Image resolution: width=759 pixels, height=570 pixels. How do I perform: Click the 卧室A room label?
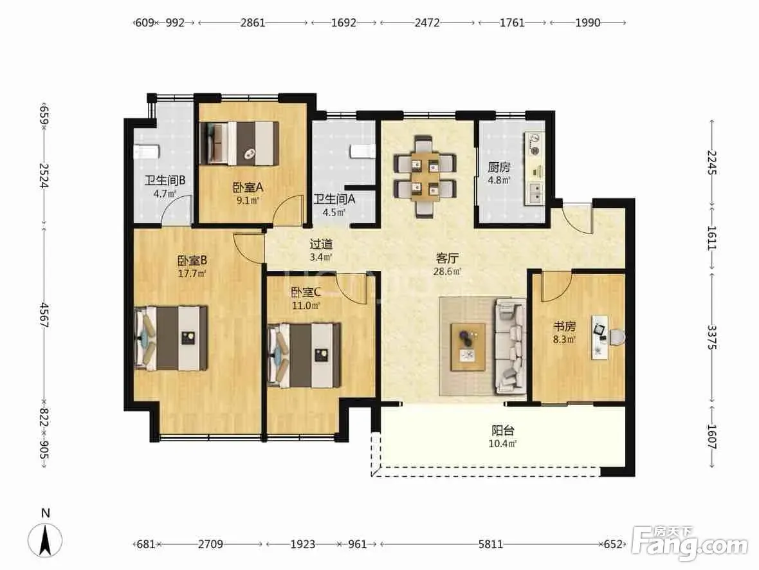[248, 187]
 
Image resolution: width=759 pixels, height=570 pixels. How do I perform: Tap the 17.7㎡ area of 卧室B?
[192, 273]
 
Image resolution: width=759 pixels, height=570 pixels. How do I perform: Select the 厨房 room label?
[498, 167]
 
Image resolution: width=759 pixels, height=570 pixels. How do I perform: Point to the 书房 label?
[564, 326]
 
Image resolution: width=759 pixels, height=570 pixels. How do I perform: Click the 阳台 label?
[503, 430]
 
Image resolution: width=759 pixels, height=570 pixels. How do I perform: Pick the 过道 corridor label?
[321, 244]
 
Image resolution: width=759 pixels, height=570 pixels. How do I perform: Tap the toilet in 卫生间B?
[146, 152]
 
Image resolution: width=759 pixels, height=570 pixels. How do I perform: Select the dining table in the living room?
[425, 176]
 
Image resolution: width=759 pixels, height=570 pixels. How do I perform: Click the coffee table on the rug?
[468, 347]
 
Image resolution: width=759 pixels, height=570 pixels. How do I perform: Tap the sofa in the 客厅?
[510, 345]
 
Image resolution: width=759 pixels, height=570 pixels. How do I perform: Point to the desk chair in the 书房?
[616, 337]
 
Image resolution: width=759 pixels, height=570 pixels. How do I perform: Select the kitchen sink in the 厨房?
[535, 193]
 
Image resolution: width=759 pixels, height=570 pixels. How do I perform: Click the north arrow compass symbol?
[45, 540]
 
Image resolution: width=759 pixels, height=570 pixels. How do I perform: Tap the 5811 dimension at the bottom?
[490, 544]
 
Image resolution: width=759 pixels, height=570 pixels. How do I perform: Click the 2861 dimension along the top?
[253, 23]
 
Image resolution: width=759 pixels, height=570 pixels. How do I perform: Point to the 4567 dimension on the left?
[44, 315]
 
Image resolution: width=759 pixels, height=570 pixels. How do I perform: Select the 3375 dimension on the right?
[711, 337]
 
